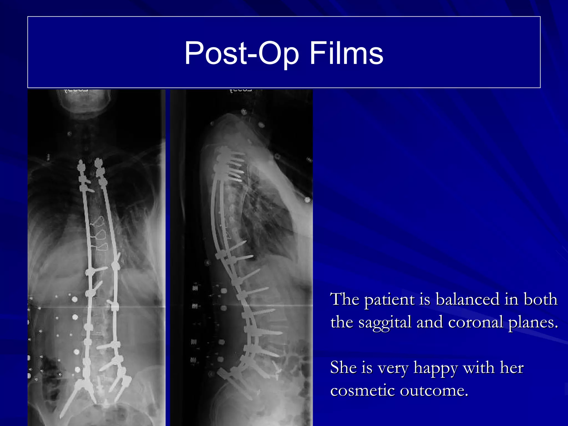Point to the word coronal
[x=475, y=322]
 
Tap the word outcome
[x=434, y=390]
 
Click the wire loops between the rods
[x=100, y=233]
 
